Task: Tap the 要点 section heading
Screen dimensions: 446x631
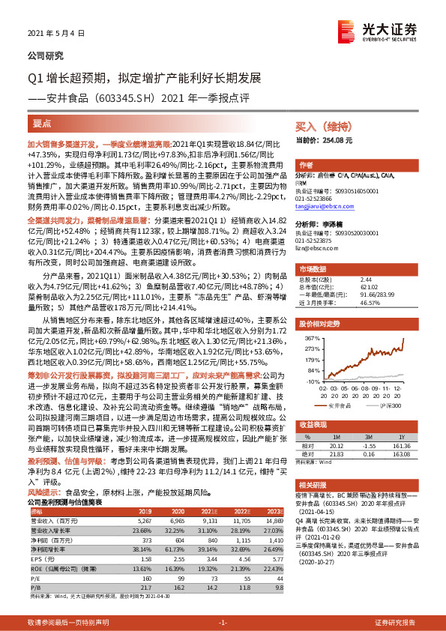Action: point(43,122)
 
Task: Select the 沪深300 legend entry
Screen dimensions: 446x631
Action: point(391,405)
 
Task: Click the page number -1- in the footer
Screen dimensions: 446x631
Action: point(223,623)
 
